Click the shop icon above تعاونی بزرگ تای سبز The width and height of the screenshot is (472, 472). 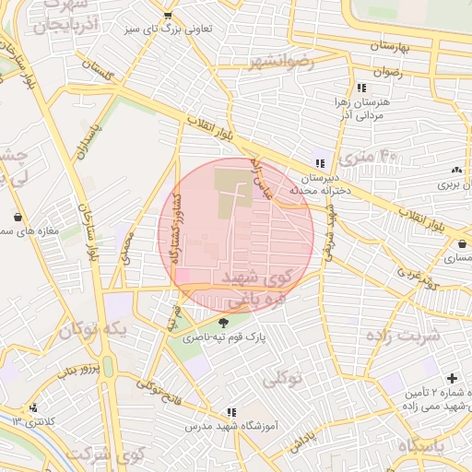tap(167, 16)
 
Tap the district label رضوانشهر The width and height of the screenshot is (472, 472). tap(281, 62)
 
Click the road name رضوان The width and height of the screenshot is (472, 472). tap(388, 71)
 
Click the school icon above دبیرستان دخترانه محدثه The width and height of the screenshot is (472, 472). tap(319, 162)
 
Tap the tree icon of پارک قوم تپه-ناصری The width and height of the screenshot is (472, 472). tap(223, 323)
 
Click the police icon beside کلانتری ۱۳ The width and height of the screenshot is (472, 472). tap(33, 407)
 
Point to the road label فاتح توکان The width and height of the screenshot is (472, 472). tap(158, 388)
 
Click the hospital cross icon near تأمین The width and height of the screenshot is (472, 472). tap(452, 379)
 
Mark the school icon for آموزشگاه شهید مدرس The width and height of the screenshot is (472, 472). tap(231, 412)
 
